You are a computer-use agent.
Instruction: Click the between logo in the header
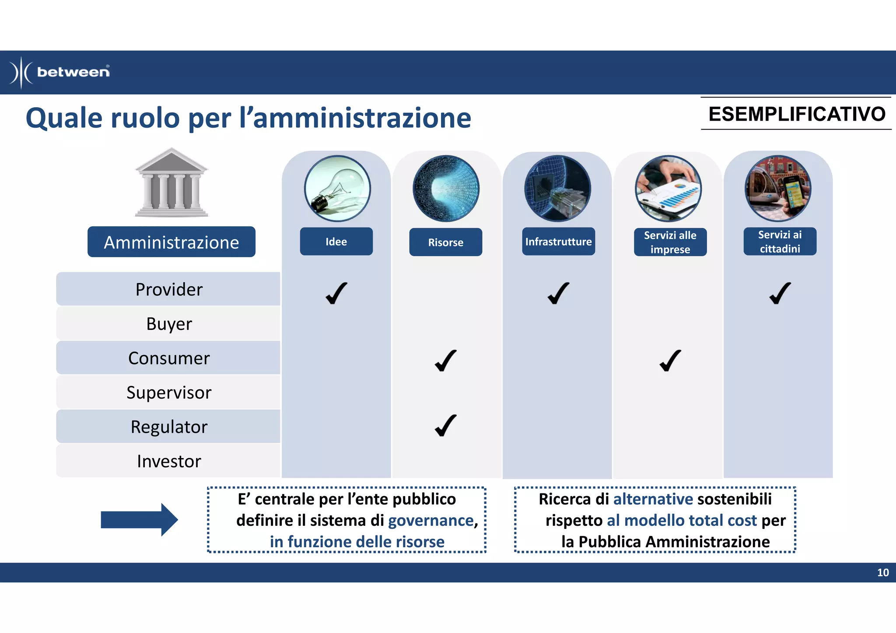pyautogui.click(x=60, y=72)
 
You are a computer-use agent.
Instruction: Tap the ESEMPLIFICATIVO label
pyautogui.click(x=797, y=114)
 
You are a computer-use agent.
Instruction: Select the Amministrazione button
pyautogui.click(x=171, y=242)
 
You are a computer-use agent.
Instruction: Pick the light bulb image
pyautogui.click(x=337, y=189)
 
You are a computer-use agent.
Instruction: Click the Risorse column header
pyautogui.click(x=445, y=242)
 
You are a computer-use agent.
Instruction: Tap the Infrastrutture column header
pyautogui.click(x=558, y=241)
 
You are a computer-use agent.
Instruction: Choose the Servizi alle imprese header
pyautogui.click(x=670, y=242)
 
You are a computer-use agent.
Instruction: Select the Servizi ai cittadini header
pyautogui.click(x=780, y=241)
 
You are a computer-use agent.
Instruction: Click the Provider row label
pyautogui.click(x=168, y=289)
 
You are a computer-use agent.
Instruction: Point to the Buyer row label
pyautogui.click(x=168, y=324)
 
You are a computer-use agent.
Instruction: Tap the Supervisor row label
pyautogui.click(x=168, y=392)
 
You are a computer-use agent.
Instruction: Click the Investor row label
pyautogui.click(x=168, y=461)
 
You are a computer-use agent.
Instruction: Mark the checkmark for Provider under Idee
pyautogui.click(x=336, y=293)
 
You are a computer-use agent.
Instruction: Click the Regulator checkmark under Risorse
pyautogui.click(x=445, y=426)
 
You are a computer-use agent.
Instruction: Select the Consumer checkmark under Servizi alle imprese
pyautogui.click(x=670, y=360)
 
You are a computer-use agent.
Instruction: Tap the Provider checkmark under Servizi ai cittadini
pyautogui.click(x=780, y=293)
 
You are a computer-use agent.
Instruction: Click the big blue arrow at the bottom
pyautogui.click(x=139, y=520)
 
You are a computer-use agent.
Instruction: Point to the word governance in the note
pyautogui.click(x=430, y=521)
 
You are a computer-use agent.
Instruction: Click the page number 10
pyautogui.click(x=882, y=573)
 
